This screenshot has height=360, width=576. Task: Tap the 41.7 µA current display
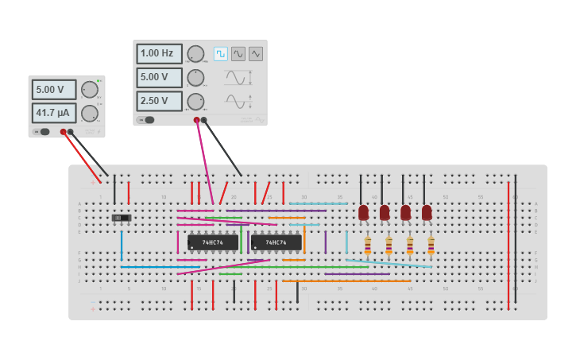tap(54, 113)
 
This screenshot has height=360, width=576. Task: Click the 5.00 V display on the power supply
tap(54, 89)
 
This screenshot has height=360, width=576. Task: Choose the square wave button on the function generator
tap(221, 54)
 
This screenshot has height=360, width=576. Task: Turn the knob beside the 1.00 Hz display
tap(195, 54)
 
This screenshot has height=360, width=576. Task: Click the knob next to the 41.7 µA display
tap(90, 113)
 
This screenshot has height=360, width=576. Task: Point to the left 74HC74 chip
tap(212, 242)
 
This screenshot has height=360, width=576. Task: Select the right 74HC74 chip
tap(276, 242)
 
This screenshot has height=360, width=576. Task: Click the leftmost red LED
tap(363, 213)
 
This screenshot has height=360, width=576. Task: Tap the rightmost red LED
tap(427, 213)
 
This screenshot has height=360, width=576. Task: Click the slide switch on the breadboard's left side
tap(121, 218)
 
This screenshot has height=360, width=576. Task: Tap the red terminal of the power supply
tap(63, 132)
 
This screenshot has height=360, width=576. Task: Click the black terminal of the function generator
tap(204, 120)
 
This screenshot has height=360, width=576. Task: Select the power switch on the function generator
tap(147, 120)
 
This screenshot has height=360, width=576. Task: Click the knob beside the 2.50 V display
tap(195, 101)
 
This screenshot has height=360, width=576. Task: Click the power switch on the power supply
tap(43, 132)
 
